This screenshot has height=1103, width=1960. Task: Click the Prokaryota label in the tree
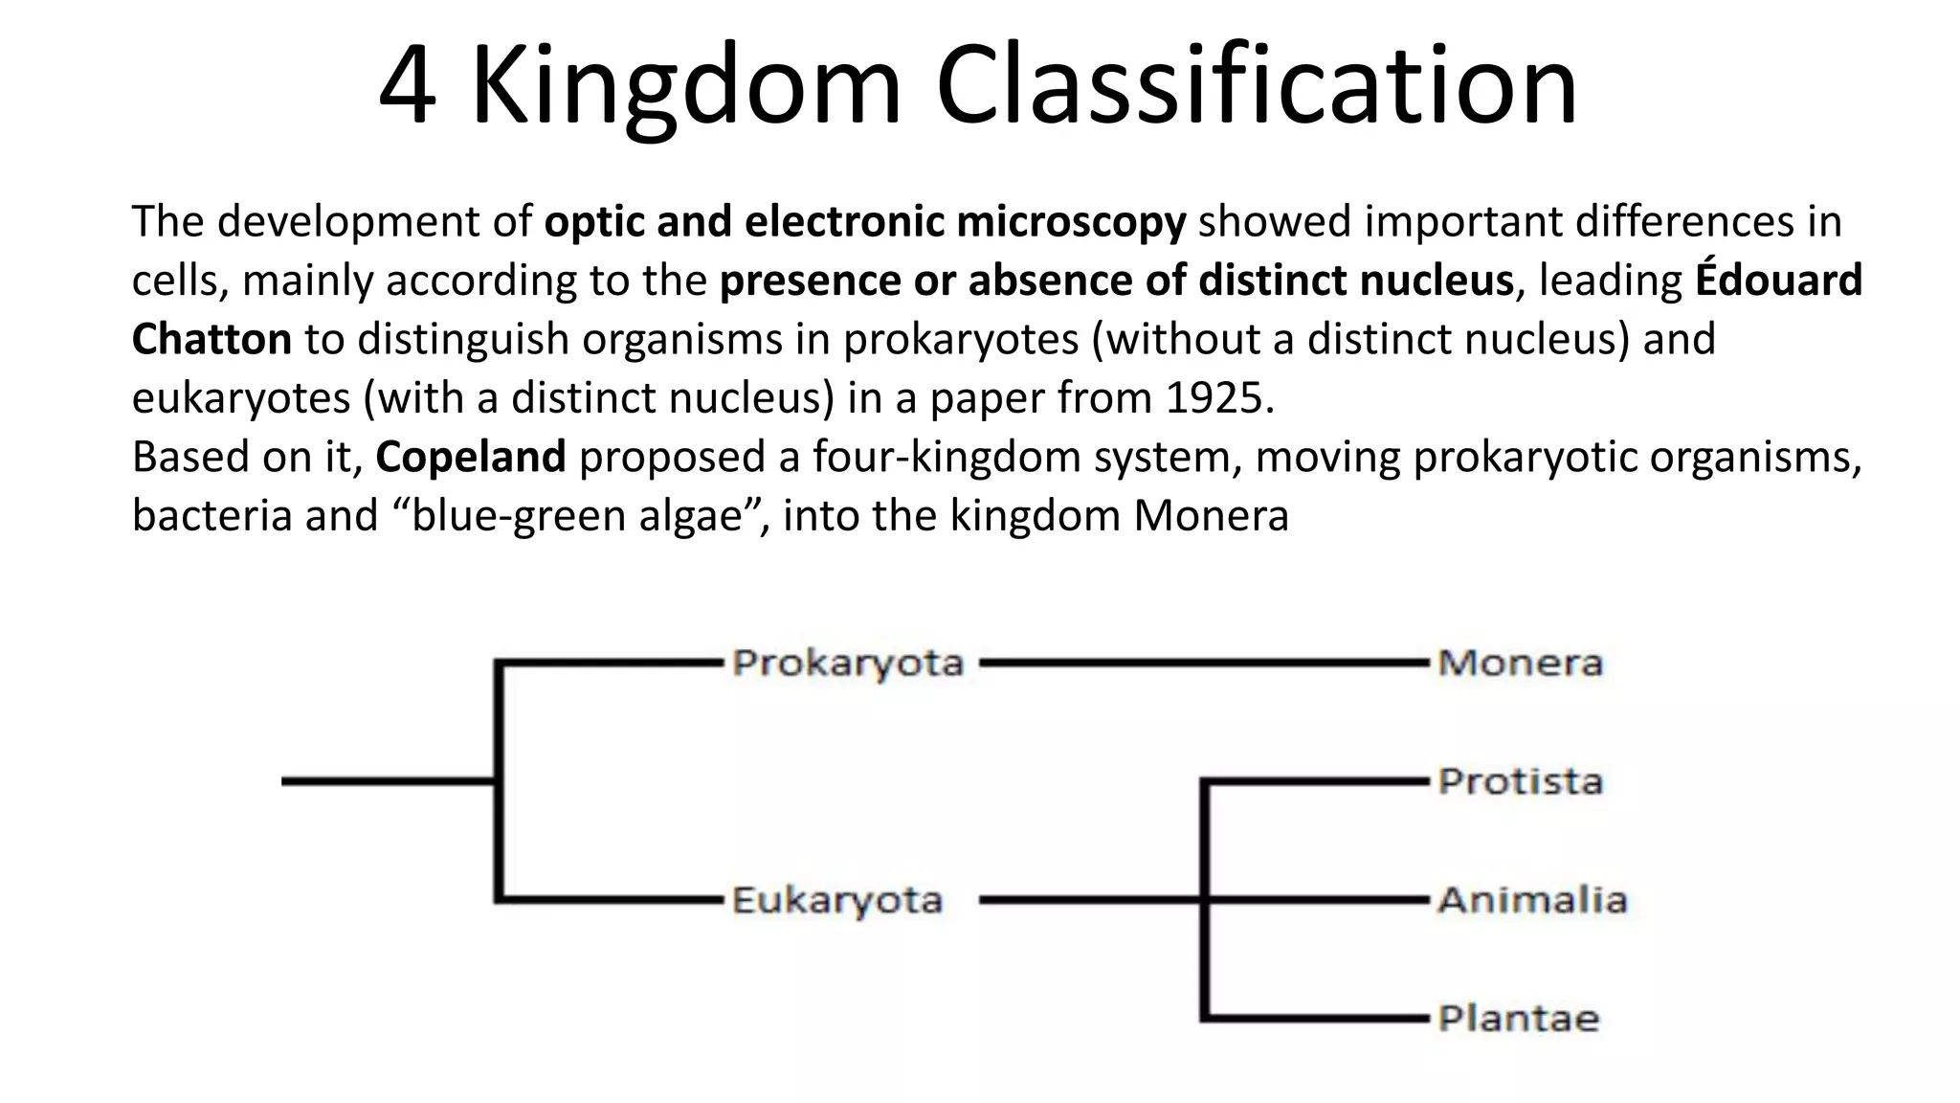coord(847,664)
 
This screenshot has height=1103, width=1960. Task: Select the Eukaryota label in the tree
coord(837,901)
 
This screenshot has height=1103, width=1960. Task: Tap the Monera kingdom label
coord(1520,664)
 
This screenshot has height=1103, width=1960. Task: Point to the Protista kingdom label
coord(1520,782)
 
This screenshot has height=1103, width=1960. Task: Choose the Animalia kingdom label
coord(1531,901)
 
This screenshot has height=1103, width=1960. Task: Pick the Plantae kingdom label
coord(1518,1019)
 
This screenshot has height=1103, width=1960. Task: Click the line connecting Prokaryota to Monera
coord(1201,663)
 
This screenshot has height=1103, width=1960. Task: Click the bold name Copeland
coord(470,457)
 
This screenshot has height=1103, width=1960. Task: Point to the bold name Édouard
coord(1778,281)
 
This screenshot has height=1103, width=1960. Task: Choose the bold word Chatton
coord(212,340)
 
